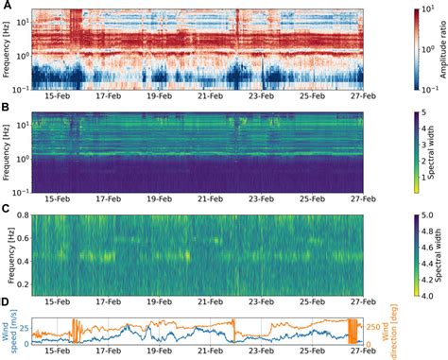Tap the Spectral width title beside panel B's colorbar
[439, 154]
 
